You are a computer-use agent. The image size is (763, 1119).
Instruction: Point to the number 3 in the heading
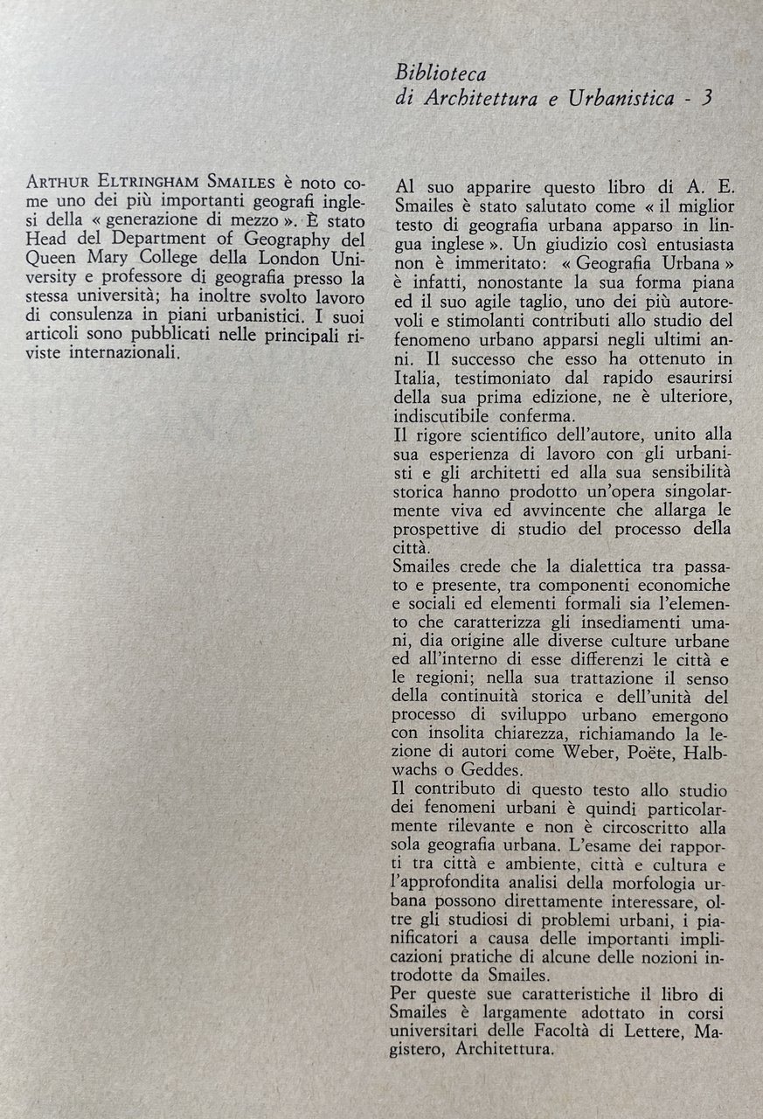(x=705, y=98)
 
